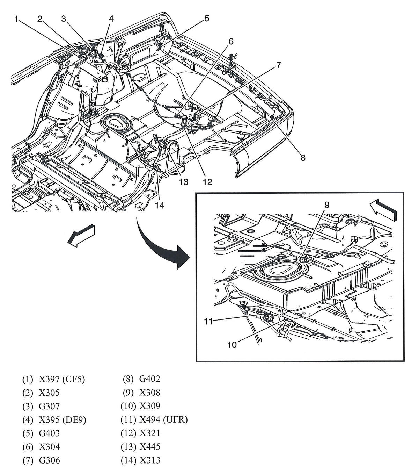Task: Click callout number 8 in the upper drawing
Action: click(303, 158)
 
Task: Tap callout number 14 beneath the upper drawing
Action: click(160, 206)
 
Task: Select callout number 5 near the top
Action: click(207, 19)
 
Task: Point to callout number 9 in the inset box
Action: click(326, 205)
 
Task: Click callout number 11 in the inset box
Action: click(208, 321)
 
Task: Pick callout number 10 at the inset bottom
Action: click(232, 345)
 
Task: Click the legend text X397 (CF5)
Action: click(62, 379)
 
